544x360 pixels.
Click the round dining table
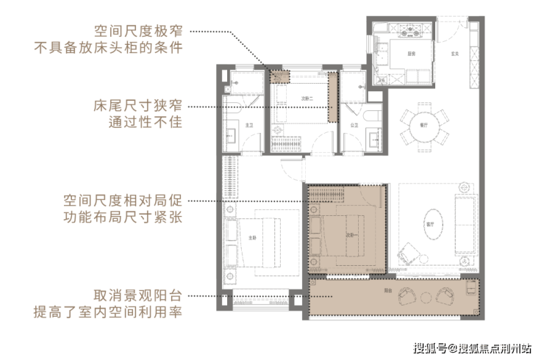(423, 126)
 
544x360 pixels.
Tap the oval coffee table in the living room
(432, 220)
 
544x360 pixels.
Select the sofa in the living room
(465, 224)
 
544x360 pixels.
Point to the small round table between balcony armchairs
(426, 292)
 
